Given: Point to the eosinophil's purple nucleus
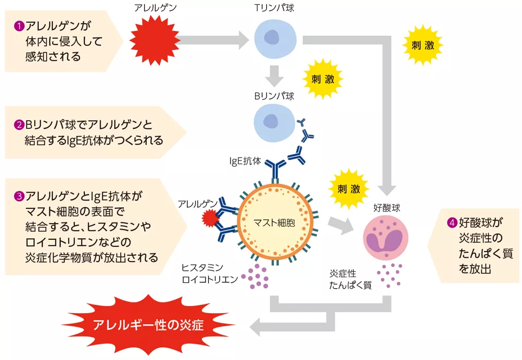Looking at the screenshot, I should tap(386, 240).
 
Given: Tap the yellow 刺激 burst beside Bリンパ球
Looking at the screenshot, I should tap(322, 79).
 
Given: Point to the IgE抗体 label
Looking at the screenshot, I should tap(245, 161).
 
